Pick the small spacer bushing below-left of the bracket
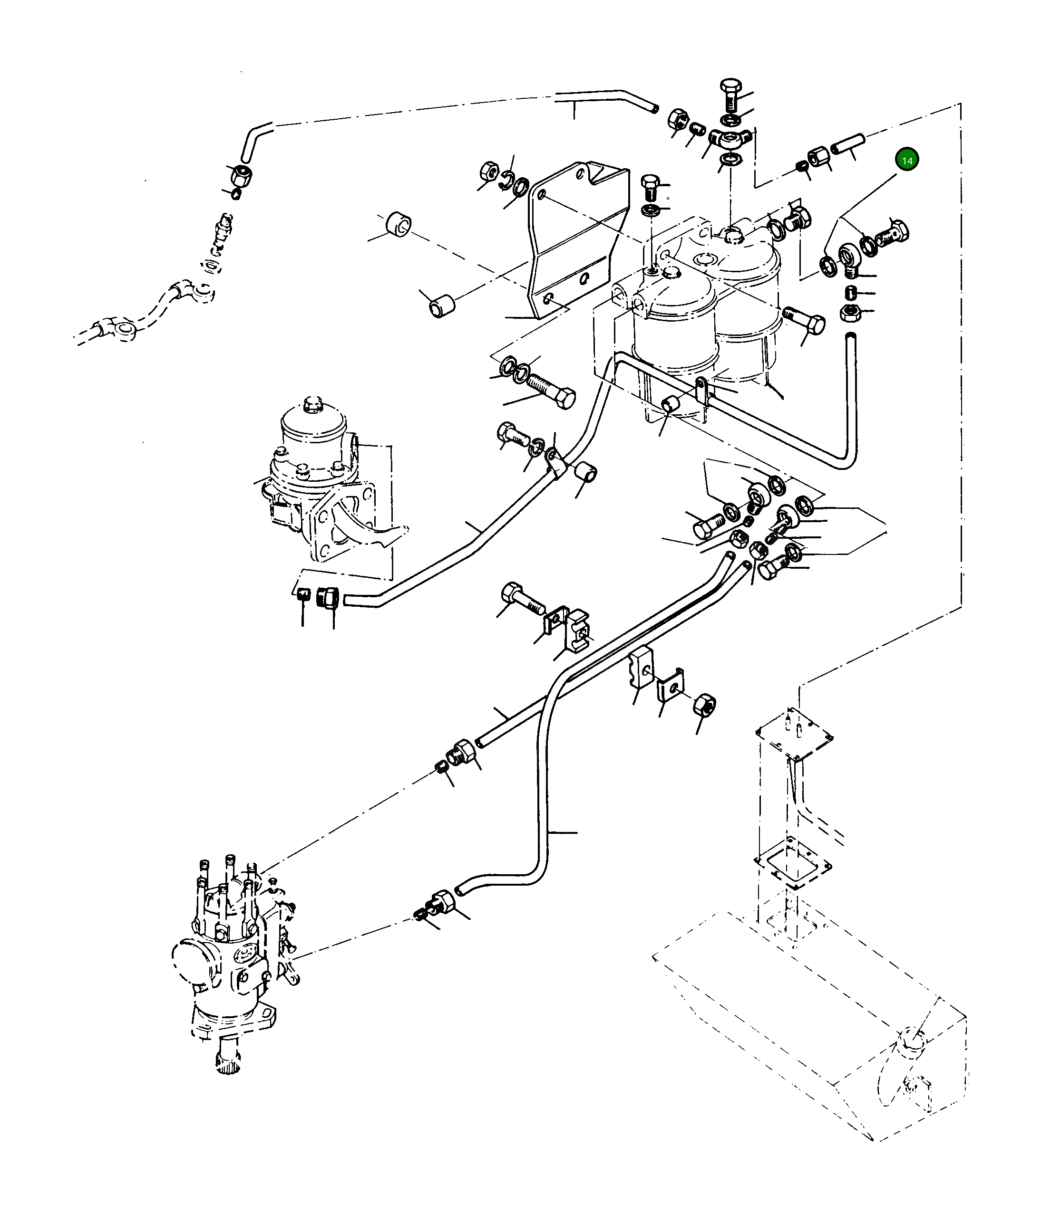point(442,306)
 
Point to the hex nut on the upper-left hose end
point(240,174)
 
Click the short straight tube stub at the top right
point(847,143)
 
